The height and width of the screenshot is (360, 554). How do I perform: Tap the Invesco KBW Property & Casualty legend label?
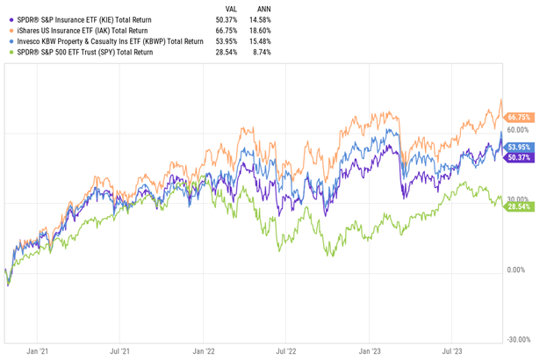110,41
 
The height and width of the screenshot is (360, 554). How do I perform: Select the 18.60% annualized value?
261,31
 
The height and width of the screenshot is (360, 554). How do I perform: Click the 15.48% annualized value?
261,41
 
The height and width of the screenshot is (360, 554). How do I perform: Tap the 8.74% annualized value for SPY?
263,53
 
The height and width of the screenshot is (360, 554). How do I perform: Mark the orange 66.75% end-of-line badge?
522,117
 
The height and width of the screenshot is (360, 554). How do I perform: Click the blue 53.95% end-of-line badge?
522,147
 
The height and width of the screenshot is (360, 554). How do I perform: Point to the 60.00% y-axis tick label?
521,130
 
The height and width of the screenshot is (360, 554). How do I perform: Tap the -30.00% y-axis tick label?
521,340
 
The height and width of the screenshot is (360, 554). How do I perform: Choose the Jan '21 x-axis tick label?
39,350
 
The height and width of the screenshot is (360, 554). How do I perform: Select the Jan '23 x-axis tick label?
370,350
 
